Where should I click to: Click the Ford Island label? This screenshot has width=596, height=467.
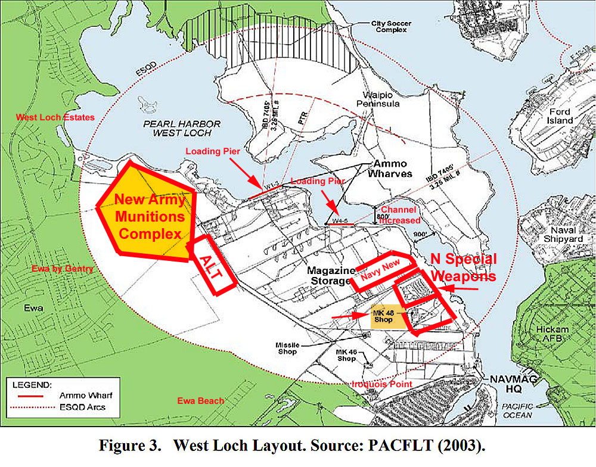(560, 116)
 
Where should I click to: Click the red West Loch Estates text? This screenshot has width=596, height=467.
(55, 117)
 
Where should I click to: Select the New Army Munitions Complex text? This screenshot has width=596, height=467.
(149, 217)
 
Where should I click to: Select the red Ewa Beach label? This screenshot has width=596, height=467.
(201, 400)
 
